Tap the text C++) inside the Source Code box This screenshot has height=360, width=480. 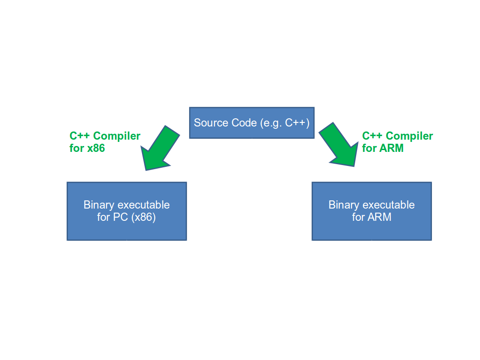pos(297,123)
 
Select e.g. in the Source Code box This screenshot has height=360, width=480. pos(271,123)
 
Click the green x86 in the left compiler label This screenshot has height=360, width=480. pos(96,148)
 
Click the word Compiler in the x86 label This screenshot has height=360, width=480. pos(117,136)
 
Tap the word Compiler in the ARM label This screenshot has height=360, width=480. pos(409,136)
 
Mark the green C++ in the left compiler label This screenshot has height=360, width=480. pos(79,136)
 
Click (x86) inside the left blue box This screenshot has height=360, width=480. pos(143,217)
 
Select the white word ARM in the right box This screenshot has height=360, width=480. pos(379,217)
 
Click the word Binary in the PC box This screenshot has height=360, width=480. pos(97,205)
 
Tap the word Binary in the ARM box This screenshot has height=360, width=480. pos(342,205)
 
